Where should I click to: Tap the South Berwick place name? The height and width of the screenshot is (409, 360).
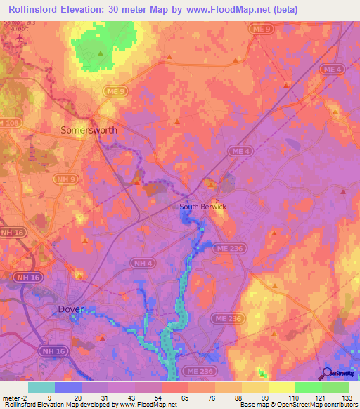click(202, 207)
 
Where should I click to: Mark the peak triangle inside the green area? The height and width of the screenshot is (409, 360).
click(101, 53)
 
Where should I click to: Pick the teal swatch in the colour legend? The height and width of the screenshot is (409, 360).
click(41, 387)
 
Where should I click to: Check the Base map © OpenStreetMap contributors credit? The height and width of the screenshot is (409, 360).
click(298, 405)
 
